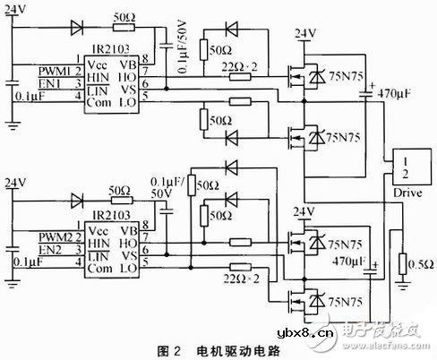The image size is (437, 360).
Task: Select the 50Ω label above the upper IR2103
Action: pos(124,17)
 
